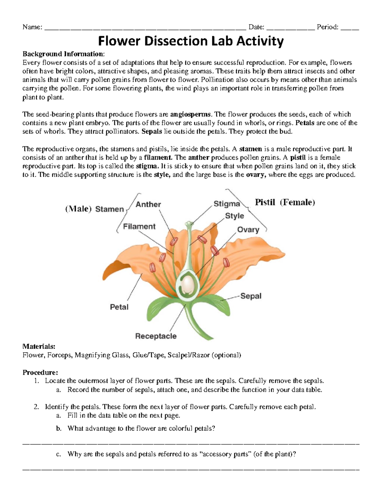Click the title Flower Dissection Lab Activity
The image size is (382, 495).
(191, 41)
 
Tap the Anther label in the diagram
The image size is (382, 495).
(148, 204)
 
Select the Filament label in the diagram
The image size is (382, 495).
(139, 226)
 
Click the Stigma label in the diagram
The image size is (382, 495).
(226, 204)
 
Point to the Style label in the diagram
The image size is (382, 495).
(234, 216)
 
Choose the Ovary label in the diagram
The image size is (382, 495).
(248, 229)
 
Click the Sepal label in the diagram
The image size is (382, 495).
(251, 296)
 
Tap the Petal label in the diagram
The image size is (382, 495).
(119, 307)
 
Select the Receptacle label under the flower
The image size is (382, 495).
(156, 336)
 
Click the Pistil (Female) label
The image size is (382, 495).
(285, 202)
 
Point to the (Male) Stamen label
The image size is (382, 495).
(95, 209)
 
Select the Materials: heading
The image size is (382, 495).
(39, 346)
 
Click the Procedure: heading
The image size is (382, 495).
(40, 372)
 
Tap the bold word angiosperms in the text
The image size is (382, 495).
(190, 114)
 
